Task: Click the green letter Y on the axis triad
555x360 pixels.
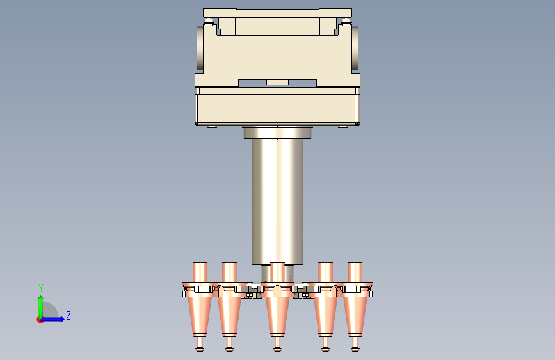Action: tap(41, 288)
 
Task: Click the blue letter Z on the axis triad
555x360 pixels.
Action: tap(68, 315)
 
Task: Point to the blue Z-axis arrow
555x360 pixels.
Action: tap(53, 319)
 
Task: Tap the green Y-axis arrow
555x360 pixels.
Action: tap(41, 307)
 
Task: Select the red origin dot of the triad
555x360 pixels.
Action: tap(40, 320)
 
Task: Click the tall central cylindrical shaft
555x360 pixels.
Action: tap(277, 201)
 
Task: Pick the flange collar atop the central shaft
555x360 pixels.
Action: tap(277, 132)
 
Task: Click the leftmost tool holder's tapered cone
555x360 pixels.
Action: tap(200, 315)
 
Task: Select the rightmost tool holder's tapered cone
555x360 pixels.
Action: tap(355, 315)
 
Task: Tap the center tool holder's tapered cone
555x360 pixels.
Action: tap(277, 315)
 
